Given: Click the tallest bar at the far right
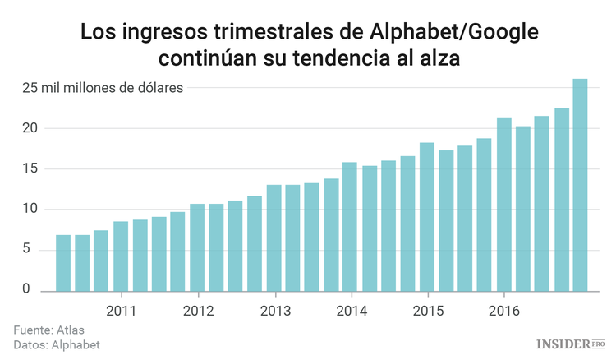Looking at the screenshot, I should point(580,185).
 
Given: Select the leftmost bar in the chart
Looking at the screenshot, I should point(63,263).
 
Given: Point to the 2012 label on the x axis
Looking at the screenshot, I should point(198,312).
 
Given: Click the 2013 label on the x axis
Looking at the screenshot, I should point(274,312).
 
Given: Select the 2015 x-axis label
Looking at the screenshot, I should point(428,312).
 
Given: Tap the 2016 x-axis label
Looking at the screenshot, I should point(503,312).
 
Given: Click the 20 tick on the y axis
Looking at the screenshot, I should point(30,128).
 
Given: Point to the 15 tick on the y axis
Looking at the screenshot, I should point(30,168).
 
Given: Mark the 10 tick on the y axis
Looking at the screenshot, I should point(30,209).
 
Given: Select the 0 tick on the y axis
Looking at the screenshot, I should point(26,289).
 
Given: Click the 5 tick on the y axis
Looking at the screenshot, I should point(26,249).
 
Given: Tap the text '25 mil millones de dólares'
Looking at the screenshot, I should point(103,88).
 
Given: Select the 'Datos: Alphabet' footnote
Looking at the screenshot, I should point(57,345).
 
